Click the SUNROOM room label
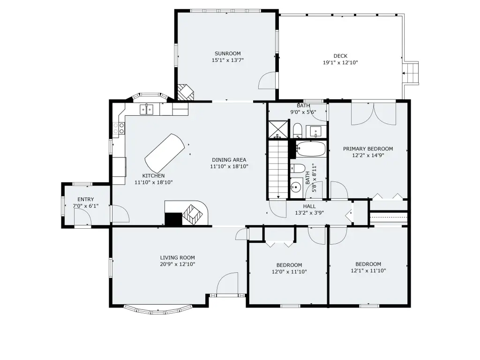[227, 53]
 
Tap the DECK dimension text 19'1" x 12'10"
[340, 63]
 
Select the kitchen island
[165, 153]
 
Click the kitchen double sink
[146, 109]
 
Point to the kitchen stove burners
[119, 128]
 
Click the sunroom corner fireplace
[186, 92]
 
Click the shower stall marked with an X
[278, 130]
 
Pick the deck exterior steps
[411, 73]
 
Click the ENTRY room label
[86, 199]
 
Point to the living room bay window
[158, 309]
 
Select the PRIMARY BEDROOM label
[368, 149]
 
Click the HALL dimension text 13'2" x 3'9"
[309, 213]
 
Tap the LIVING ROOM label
[178, 258]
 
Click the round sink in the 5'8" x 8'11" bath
[296, 187]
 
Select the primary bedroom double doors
[374, 114]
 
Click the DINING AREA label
[229, 160]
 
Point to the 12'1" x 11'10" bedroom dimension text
[368, 270]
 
